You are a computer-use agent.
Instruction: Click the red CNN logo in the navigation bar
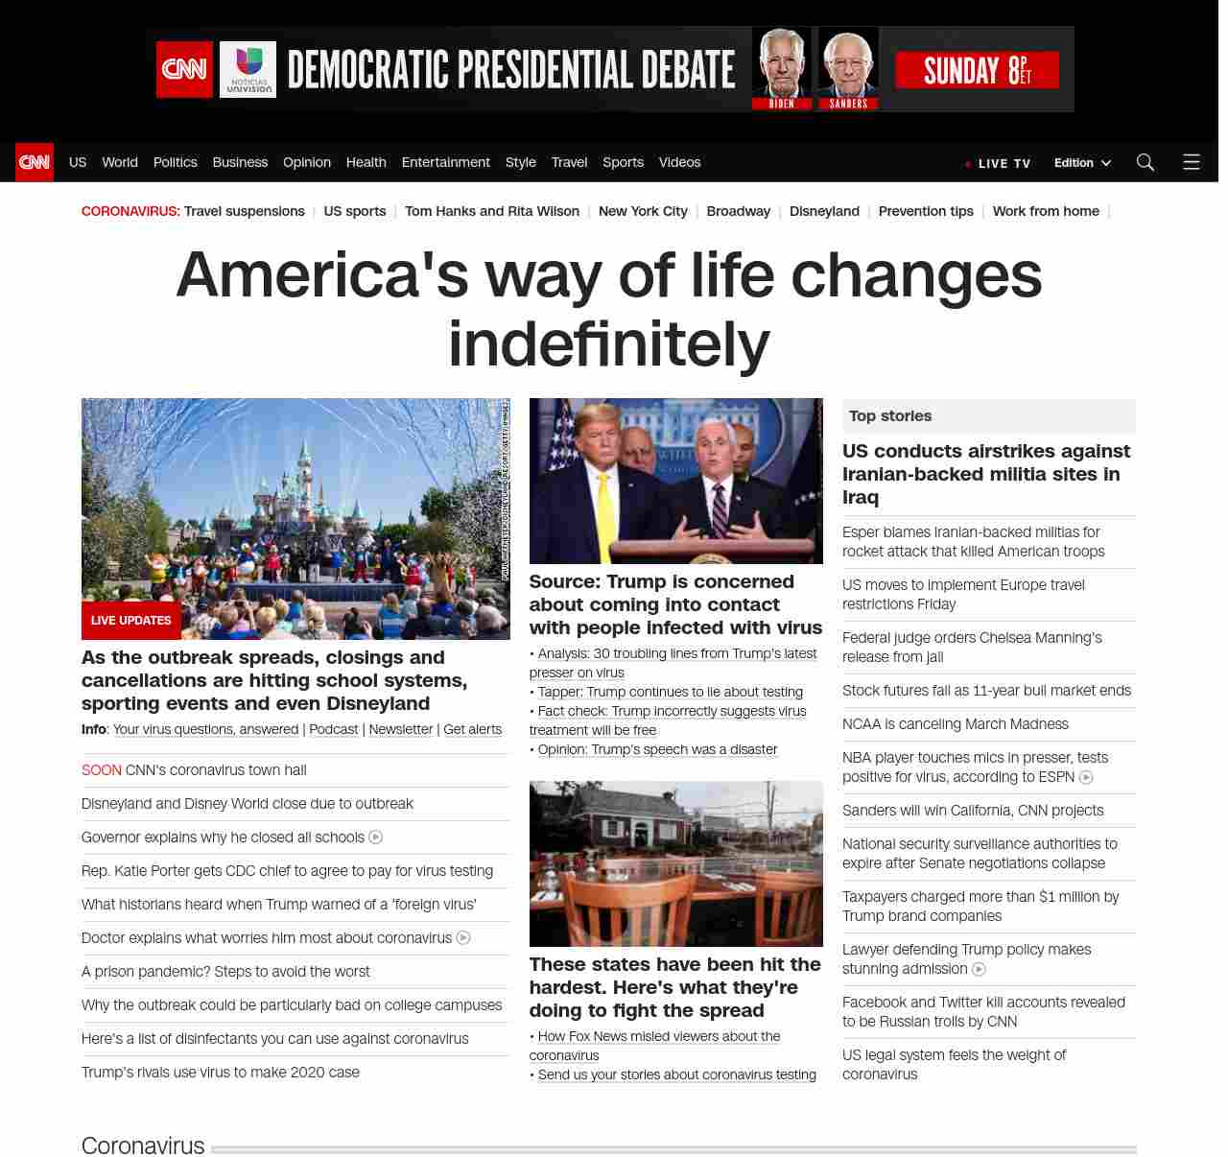coord(35,162)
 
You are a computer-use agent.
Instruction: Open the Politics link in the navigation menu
coord(175,162)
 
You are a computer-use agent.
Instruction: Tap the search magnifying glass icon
coord(1145,162)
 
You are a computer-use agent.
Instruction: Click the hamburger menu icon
coord(1192,162)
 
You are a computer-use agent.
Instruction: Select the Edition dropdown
coord(1082,163)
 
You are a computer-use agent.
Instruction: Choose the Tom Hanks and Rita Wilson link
coord(491,211)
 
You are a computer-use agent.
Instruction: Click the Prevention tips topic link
coord(926,211)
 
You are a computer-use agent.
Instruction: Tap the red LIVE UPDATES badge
coord(130,621)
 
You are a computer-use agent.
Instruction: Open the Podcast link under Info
coord(334,729)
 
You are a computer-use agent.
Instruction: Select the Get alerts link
coord(472,729)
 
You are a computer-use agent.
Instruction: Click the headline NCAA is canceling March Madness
coord(955,724)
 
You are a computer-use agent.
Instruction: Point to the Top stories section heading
coord(890,415)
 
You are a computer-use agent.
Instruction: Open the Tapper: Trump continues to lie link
coord(670,692)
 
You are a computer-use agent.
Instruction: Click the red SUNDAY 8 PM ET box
coord(977,70)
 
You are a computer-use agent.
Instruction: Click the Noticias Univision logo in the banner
coord(248,69)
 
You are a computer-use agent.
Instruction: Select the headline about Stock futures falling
coord(986,691)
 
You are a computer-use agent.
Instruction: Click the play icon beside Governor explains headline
coord(376,838)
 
